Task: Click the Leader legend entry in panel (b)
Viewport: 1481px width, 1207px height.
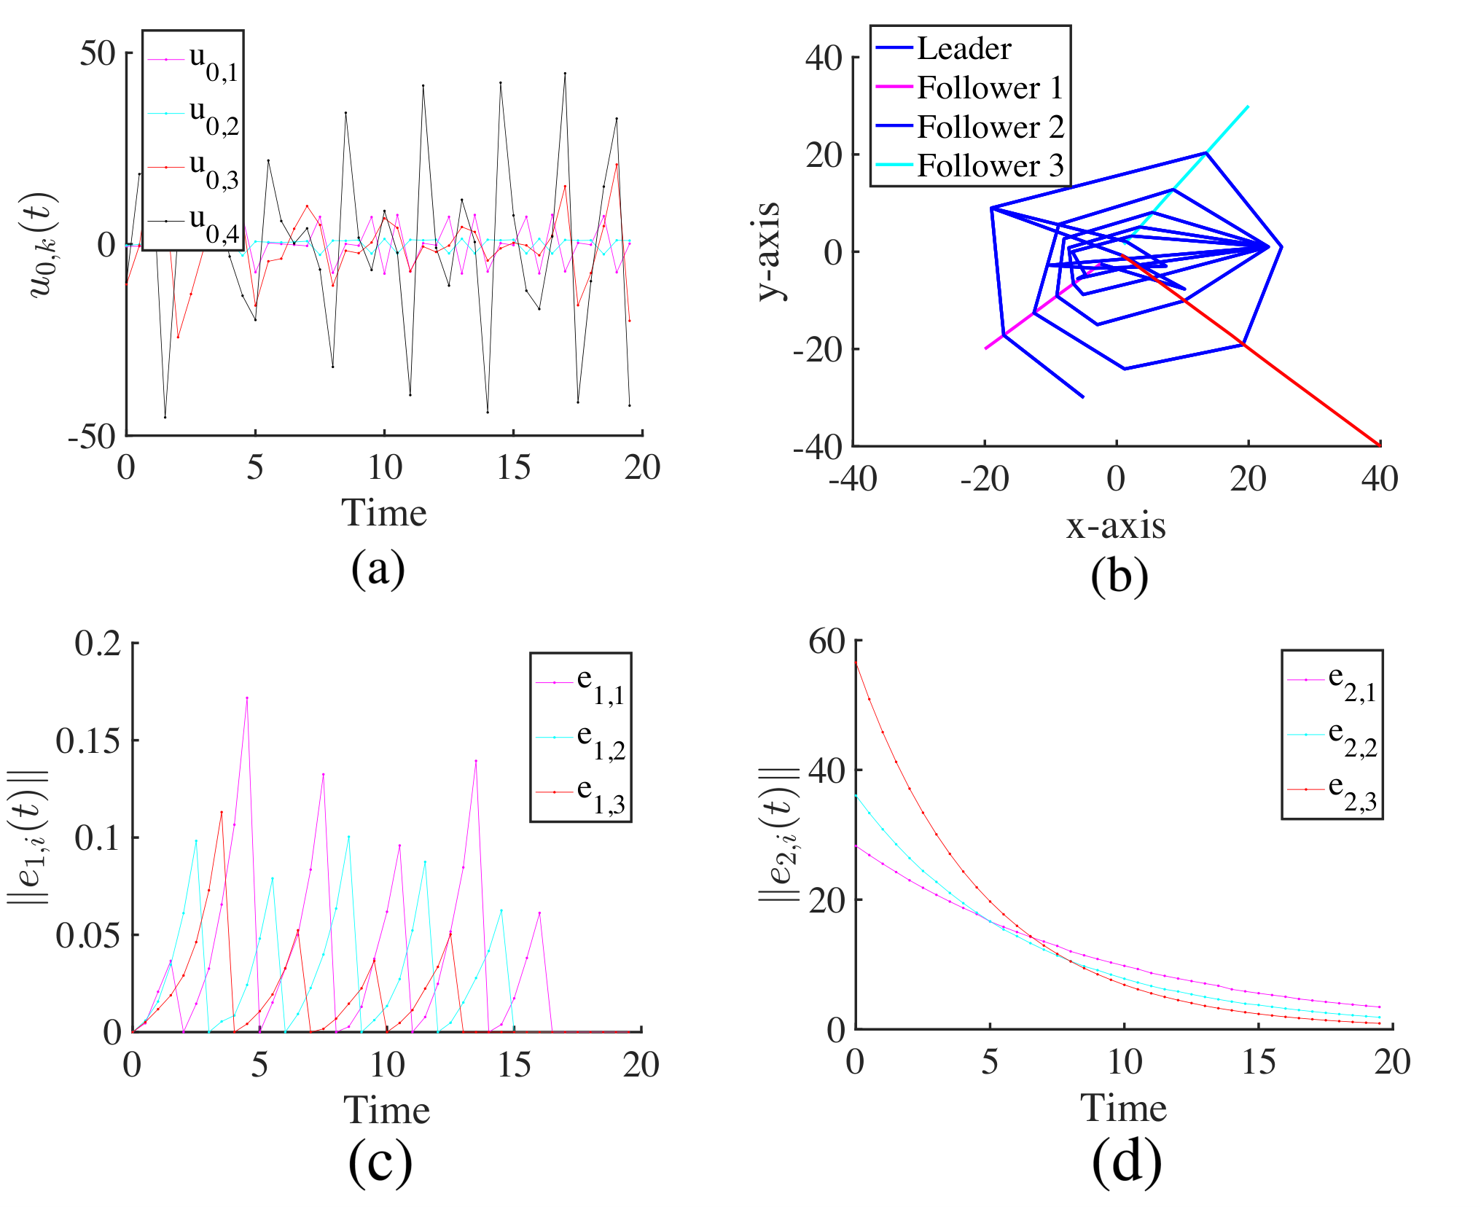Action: coord(944,48)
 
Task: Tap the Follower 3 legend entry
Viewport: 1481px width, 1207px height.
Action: coord(969,165)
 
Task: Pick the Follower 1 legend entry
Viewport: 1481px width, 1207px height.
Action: coord(969,87)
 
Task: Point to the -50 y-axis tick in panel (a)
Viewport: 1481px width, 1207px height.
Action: coord(92,437)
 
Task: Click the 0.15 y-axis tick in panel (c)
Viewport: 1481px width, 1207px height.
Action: coord(88,741)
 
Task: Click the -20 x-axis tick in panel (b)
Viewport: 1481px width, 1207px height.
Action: coord(985,479)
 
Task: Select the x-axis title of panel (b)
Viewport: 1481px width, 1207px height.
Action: coord(1116,526)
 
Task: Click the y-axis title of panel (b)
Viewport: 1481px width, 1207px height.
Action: coord(769,251)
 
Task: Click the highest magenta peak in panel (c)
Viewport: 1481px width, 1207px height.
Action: coord(247,698)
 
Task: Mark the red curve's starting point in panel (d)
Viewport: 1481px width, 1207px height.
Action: coord(856,662)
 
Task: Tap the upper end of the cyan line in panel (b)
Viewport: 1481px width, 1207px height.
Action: coord(1249,106)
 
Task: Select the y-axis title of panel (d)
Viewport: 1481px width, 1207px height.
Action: coord(779,834)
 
